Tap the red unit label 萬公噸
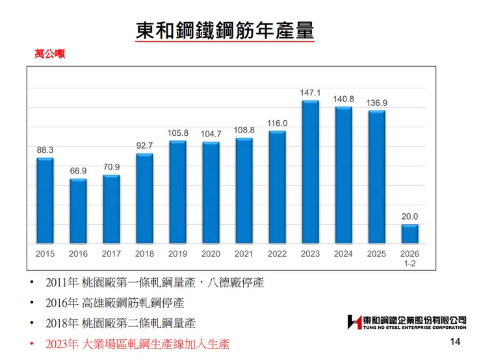(49, 54)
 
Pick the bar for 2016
(78, 211)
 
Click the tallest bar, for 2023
(310, 172)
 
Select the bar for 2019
(177, 192)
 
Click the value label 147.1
(310, 93)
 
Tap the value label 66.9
(78, 171)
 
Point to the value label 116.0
(277, 123)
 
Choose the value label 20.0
(409, 217)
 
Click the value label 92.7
(144, 146)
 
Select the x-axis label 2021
(244, 253)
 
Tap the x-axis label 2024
(343, 253)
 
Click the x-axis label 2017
(111, 253)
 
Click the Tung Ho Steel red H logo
(354, 322)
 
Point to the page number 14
(455, 342)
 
